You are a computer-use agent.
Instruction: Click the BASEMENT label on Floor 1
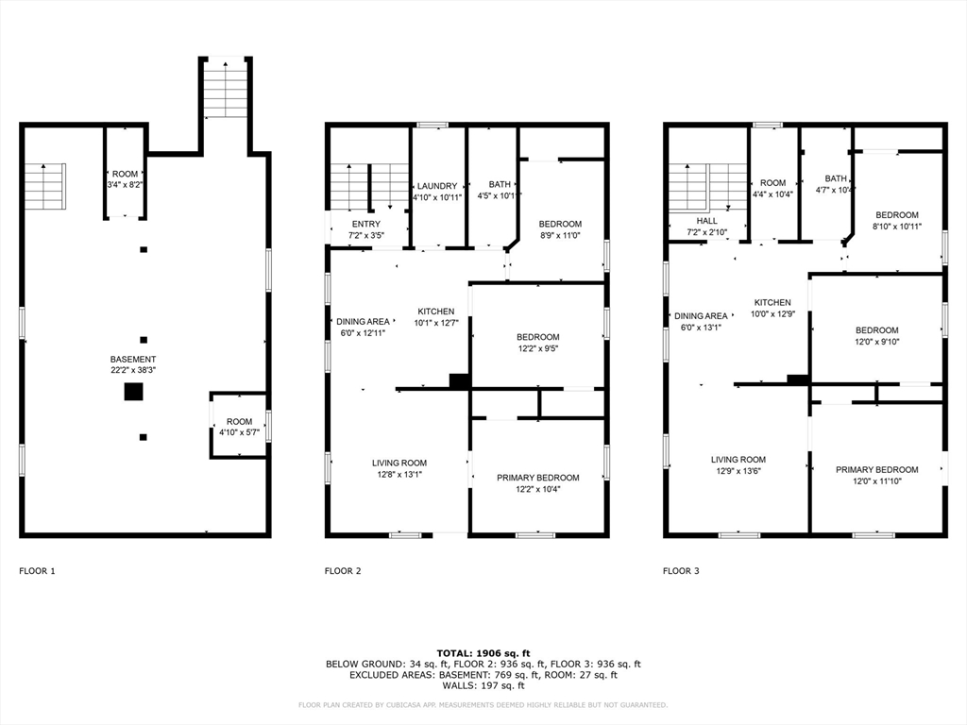[133, 359]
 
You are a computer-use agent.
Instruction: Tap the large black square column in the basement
[133, 392]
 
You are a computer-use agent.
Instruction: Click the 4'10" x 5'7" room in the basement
[239, 427]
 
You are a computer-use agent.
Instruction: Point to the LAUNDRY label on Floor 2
[436, 186]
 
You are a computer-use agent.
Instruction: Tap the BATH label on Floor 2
[499, 184]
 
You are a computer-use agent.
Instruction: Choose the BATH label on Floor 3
[836, 178]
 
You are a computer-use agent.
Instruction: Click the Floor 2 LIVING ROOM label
[399, 463]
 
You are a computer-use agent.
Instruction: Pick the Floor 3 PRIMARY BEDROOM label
[876, 469]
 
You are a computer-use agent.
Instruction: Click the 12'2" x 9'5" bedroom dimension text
[537, 349]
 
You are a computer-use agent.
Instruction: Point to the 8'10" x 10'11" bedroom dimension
[896, 227]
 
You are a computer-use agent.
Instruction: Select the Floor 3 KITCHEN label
[771, 302]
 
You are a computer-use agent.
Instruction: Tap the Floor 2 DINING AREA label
[364, 321]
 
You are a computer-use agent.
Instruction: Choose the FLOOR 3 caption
[681, 571]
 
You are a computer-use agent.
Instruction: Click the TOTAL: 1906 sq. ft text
[483, 652]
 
